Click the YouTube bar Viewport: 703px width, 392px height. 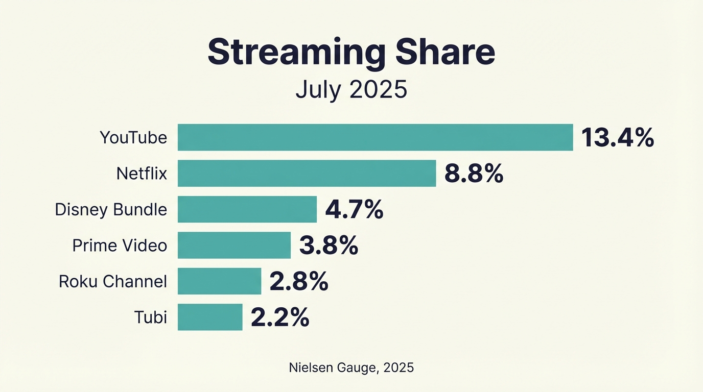(375, 137)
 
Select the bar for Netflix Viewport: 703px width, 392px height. (307, 174)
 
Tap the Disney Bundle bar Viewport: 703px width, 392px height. (247, 209)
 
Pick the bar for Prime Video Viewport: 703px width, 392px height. (234, 246)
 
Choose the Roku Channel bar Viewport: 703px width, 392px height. (219, 281)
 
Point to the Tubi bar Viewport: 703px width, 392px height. (210, 317)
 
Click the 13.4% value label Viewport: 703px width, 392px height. (617, 138)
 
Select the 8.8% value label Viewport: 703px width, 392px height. (474, 174)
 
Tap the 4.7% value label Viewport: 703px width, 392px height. (354, 210)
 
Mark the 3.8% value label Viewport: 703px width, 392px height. (328, 246)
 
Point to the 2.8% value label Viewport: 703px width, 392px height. (298, 282)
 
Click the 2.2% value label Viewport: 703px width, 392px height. (279, 317)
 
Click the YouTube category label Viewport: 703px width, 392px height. (133, 138)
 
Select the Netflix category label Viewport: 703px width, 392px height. (142, 174)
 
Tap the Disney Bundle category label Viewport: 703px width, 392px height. (111, 210)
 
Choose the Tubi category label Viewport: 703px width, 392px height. (151, 317)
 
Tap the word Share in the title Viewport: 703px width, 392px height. (444, 52)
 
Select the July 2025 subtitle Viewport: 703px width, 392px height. (351, 90)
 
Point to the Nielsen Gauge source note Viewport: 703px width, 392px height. (351, 367)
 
